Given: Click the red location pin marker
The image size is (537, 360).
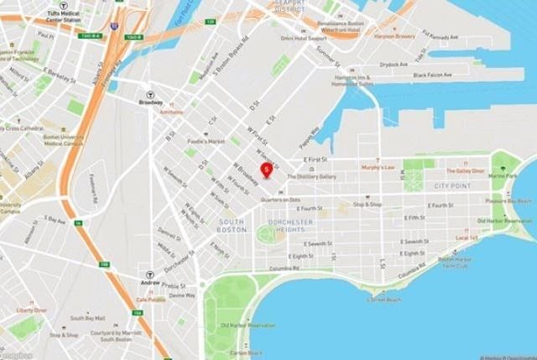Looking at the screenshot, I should pyautogui.click(x=267, y=170).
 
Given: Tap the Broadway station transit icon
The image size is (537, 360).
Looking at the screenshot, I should pyautogui.click(x=151, y=95).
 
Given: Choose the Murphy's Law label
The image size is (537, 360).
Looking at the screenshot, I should pyautogui.click(x=378, y=167).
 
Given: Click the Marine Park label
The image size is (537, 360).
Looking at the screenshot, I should pyautogui.click(x=505, y=175).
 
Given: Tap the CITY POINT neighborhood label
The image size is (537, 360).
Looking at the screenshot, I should pyautogui.click(x=450, y=184).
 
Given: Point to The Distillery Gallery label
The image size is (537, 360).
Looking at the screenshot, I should pyautogui.click(x=311, y=176).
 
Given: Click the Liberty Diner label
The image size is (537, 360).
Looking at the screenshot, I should pyautogui.click(x=30, y=310).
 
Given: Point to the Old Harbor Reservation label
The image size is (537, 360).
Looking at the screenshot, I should pyautogui.click(x=248, y=326).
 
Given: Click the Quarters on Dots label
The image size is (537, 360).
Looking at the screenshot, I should pyautogui.click(x=281, y=200).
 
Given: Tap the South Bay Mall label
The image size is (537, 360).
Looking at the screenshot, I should pyautogui.click(x=87, y=319).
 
